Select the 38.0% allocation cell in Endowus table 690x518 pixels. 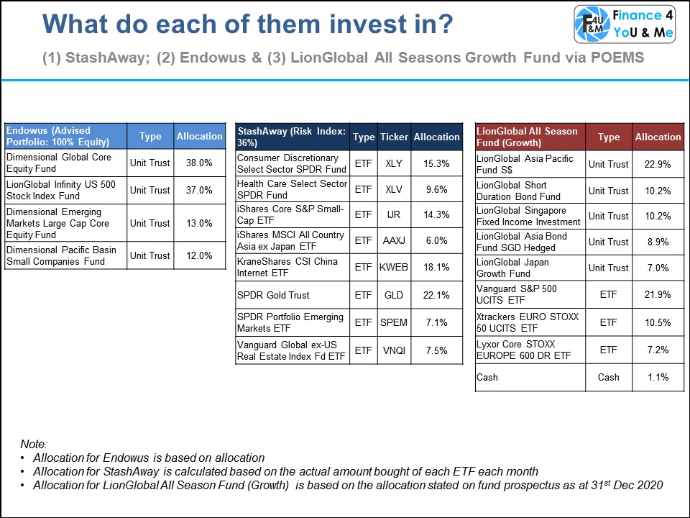coord(199,163)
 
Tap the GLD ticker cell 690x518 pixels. coord(394,294)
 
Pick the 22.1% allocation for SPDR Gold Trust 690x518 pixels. coord(436,294)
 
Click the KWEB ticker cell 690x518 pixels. coord(394,267)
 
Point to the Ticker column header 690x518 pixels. coord(394,137)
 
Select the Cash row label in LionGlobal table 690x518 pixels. coord(487,377)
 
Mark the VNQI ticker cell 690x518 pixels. coord(394,350)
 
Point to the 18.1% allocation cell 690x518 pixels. coord(436,267)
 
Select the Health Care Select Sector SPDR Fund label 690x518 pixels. coord(292,190)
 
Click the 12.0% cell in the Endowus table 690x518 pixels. coord(199,255)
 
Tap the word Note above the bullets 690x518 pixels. coord(33,445)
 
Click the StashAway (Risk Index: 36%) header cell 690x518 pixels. coord(292,137)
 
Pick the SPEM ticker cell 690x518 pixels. coord(394,322)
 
